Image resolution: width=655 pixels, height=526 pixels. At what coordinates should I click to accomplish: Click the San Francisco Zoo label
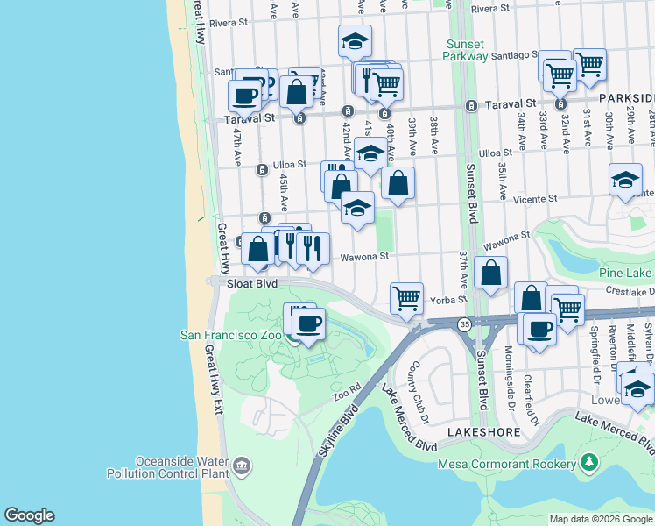tap(230, 334)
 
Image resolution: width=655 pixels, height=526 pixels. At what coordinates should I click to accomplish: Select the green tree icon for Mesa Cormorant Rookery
tap(591, 461)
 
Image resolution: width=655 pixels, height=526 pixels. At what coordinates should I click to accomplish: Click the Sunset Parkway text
tap(466, 50)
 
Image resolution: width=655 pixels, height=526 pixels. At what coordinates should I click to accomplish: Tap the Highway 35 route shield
tap(463, 324)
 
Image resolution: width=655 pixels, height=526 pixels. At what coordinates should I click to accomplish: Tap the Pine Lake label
tap(624, 274)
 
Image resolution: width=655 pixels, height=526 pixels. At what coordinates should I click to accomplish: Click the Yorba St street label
tap(447, 300)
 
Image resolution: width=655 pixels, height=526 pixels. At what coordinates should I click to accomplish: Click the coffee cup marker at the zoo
tap(307, 324)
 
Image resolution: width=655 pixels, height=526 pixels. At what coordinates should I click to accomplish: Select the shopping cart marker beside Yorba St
tap(406, 298)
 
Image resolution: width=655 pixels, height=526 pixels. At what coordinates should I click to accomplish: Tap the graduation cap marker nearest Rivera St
tap(355, 40)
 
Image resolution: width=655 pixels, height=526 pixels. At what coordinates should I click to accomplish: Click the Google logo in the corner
tap(28, 515)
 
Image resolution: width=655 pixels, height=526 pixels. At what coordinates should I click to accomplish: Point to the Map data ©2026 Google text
tap(601, 519)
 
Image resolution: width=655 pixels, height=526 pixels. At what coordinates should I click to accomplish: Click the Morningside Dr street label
tap(508, 372)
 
